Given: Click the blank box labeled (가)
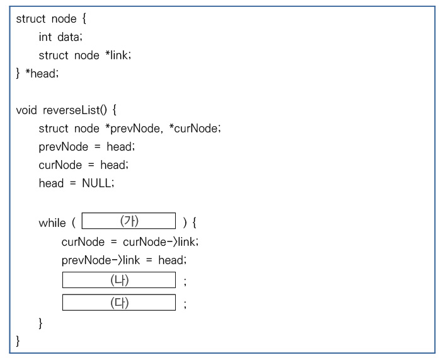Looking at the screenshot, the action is click(129, 221).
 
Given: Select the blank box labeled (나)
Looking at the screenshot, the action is click(119, 280).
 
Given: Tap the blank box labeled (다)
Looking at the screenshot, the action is click(119, 302).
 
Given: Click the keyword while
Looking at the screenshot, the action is click(52, 223).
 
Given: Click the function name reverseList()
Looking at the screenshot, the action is click(75, 110).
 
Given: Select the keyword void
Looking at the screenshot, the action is click(26, 110).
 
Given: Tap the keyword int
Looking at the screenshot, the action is click(45, 37).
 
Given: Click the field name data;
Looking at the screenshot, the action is click(70, 37).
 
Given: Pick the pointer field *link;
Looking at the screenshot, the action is click(118, 55).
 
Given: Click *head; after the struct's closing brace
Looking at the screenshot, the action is click(42, 74).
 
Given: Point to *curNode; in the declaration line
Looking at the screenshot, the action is click(195, 129).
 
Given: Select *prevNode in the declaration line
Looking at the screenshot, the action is click(133, 129).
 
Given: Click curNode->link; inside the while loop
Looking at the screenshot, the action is click(161, 241).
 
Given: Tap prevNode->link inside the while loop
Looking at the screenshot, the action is click(100, 260).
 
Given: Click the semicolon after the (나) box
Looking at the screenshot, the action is click(185, 281).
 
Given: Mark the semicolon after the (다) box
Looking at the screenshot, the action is click(185, 304).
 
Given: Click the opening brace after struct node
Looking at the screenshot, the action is click(84, 19).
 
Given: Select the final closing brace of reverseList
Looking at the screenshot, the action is click(18, 341).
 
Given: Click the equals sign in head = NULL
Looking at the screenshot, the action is click(73, 183).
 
